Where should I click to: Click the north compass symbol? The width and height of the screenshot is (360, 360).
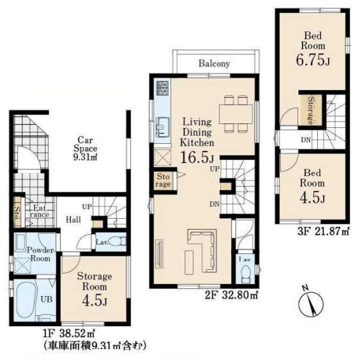click(311, 302)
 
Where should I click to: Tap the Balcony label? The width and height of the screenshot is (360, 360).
click(214, 63)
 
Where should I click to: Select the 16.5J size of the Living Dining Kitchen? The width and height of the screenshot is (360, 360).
click(198, 157)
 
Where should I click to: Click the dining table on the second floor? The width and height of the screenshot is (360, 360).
click(236, 114)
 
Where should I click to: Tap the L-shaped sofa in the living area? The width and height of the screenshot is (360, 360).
click(203, 250)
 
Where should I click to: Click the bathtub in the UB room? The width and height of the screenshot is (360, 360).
click(25, 299)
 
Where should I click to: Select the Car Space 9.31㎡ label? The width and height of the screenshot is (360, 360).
click(85, 149)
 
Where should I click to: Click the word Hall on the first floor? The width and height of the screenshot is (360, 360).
click(74, 219)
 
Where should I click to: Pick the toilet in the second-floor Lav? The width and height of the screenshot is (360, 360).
click(246, 274)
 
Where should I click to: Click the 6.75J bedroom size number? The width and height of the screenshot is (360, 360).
click(313, 60)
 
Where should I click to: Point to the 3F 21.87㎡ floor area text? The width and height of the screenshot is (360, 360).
click(324, 231)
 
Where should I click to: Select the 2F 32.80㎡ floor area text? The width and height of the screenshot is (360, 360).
click(231, 295)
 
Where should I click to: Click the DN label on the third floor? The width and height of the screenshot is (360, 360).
click(306, 139)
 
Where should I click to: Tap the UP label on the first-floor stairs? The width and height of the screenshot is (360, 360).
click(87, 207)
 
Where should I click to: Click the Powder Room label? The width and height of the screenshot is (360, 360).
click(40, 254)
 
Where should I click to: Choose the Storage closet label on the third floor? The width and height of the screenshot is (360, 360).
click(311, 111)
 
